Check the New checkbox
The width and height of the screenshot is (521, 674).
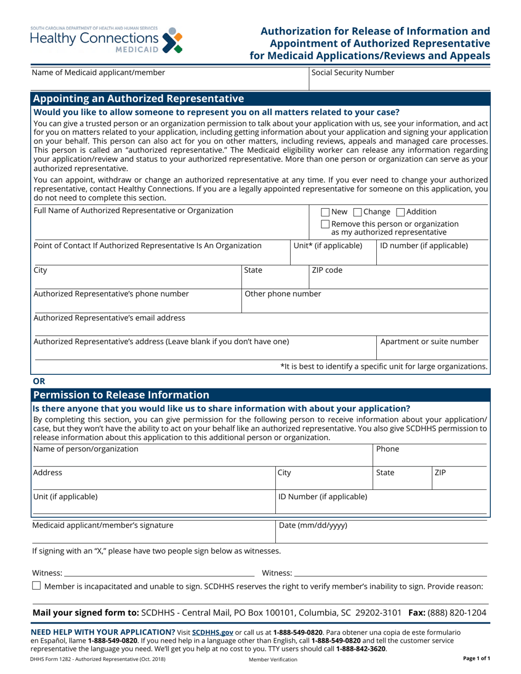tap(325, 212)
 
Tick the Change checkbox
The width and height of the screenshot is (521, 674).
tap(358, 212)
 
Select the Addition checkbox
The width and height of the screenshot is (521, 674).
tap(400, 212)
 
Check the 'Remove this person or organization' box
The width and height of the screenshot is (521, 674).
tap(325, 224)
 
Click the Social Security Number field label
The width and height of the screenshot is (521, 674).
tap(352, 72)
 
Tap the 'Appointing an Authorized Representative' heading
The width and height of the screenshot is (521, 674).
tap(139, 99)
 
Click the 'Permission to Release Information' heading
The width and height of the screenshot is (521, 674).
tap(121, 395)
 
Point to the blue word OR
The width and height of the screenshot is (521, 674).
tap(39, 381)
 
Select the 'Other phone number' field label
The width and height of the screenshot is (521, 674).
tap(282, 294)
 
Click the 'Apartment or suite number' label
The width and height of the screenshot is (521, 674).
tap(429, 342)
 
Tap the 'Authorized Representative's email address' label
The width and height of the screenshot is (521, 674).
tap(110, 318)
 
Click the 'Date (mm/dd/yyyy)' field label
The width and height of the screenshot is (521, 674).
tap(313, 526)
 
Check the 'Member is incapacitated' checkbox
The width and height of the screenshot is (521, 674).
tap(37, 586)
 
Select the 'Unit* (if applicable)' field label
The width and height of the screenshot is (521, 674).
tap(328, 245)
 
